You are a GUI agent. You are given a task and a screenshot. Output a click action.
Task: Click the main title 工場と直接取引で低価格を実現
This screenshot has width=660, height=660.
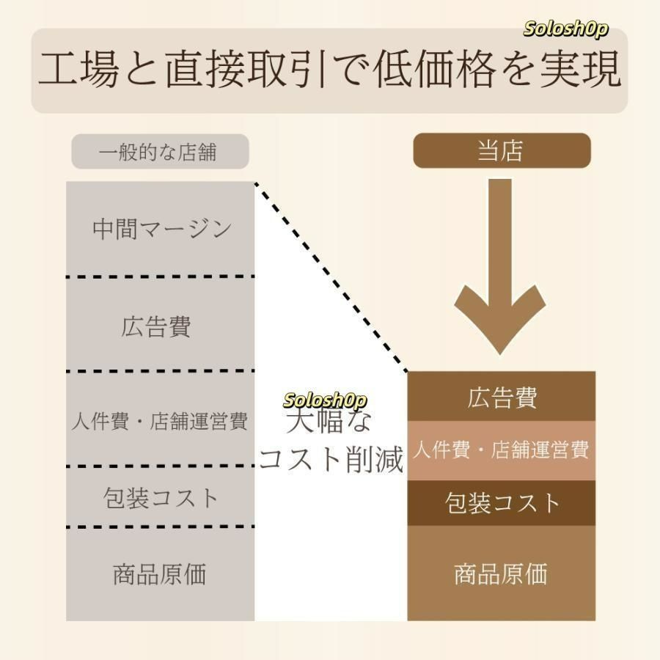pos(329,70)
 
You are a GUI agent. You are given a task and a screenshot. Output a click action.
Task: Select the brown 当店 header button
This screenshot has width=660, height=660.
pos(502,150)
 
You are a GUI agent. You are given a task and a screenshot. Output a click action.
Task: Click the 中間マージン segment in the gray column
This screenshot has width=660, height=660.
pos(160,229)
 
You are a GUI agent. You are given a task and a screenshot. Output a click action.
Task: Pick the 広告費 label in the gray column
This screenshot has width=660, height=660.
pos(155,326)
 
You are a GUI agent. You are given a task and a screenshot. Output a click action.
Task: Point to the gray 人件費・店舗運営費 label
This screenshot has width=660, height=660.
pos(160,421)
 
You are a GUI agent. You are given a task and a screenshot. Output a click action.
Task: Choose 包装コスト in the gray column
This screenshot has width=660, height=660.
pos(160,498)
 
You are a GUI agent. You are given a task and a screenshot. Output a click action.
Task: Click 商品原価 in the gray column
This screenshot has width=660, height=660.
pos(160,574)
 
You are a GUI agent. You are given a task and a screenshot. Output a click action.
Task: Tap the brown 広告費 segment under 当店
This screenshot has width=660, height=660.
pos(502,397)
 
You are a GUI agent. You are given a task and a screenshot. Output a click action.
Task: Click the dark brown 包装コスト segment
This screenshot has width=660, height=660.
pos(502,503)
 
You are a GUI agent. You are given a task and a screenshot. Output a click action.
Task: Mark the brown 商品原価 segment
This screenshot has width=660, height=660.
pos(502,573)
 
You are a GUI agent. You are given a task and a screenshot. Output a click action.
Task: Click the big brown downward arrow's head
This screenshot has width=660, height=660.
pos(500,320)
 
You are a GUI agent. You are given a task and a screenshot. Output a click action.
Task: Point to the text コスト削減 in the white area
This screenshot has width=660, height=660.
pos(331,459)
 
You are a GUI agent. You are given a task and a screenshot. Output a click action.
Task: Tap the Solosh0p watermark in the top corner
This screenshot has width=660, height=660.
pos(565,29)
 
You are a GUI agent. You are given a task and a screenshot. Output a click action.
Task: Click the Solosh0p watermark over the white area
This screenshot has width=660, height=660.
pos(325,400)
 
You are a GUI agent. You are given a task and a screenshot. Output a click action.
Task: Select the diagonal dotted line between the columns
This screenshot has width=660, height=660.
pos(331,277)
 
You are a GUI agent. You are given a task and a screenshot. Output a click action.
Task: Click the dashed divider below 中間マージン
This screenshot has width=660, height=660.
pos(161,276)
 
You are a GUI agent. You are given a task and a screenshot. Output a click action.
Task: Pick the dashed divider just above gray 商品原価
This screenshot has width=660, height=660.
pos(161,527)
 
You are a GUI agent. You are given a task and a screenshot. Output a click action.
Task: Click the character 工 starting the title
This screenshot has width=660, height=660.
pos(57,70)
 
